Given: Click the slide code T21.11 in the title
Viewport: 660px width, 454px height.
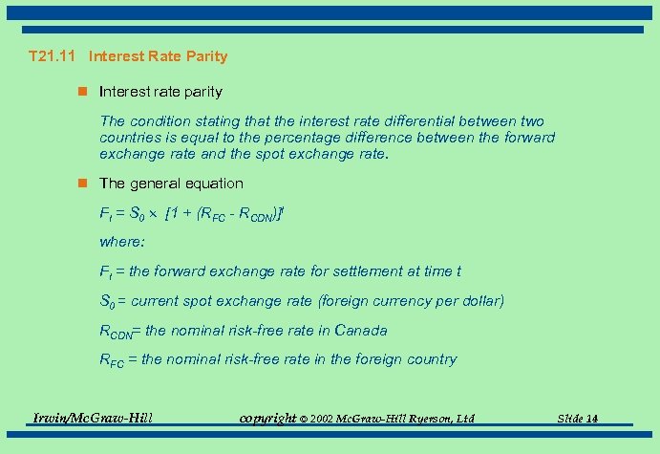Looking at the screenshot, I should click(x=54, y=56).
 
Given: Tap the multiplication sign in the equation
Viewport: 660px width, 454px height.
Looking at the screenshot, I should click(x=153, y=212).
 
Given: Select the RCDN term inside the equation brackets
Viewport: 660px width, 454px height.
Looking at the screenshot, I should click(x=262, y=213).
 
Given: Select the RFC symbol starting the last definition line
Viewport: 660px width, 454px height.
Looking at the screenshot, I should click(x=114, y=360).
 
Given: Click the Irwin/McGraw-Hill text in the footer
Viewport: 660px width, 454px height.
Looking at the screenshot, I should click(x=93, y=417).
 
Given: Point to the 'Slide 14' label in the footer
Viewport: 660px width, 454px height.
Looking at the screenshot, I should click(x=579, y=419).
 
